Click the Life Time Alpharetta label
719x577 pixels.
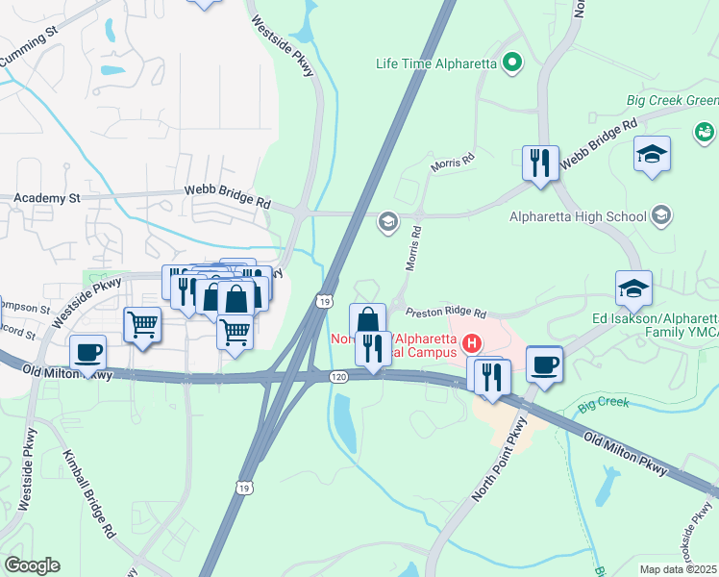(x=435, y=64)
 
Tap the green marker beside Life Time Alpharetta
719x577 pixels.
(x=512, y=64)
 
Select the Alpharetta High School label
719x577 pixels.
(x=578, y=216)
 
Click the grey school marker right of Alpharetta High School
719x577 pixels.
(x=661, y=215)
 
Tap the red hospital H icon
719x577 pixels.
(x=472, y=342)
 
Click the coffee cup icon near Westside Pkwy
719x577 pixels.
(x=88, y=353)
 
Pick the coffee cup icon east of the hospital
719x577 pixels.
(x=545, y=364)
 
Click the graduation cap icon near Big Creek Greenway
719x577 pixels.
(x=653, y=154)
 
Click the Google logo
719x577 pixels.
(x=32, y=565)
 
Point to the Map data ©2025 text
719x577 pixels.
(x=679, y=569)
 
